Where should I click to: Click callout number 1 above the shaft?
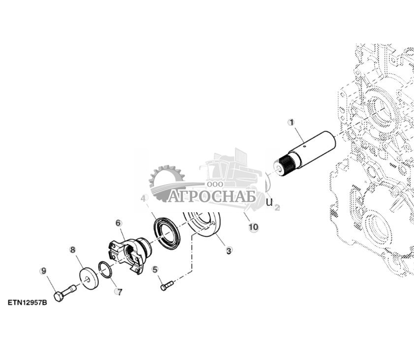291,122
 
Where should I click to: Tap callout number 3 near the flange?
228,251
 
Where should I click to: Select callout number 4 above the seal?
144,198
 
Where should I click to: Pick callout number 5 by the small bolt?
155,269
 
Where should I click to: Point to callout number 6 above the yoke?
119,223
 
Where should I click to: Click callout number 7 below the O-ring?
119,292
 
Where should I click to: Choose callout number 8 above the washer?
73,250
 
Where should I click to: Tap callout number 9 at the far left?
43,270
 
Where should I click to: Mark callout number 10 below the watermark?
254,227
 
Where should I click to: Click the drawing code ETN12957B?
27,302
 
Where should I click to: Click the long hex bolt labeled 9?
64,293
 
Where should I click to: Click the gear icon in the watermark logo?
165,180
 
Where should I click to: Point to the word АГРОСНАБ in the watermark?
212,197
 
